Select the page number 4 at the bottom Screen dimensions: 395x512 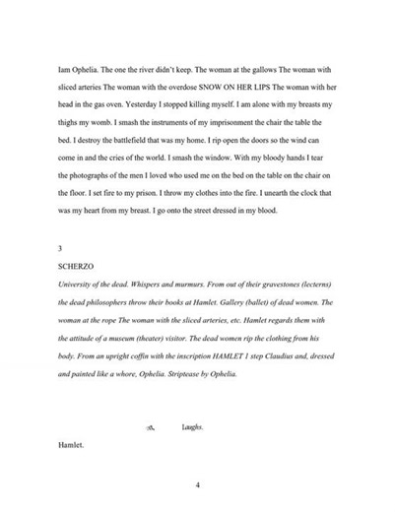197,485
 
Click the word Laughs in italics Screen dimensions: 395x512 193,429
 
